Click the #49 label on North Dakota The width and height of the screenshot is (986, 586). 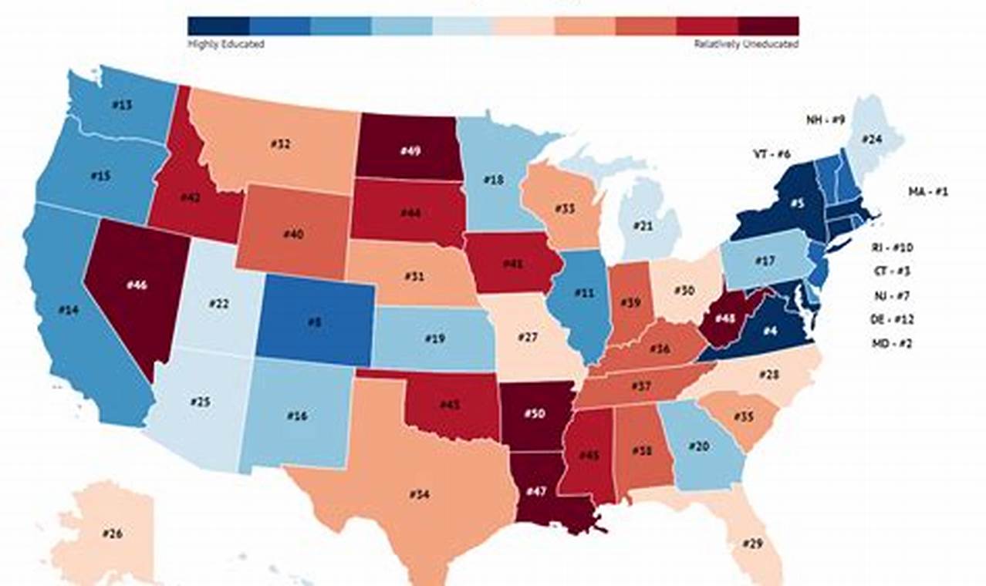[410, 151]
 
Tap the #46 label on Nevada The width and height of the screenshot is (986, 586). [136, 285]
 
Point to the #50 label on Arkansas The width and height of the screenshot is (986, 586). [535, 413]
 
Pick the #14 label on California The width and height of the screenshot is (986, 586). [69, 310]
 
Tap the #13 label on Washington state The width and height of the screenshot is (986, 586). [122, 104]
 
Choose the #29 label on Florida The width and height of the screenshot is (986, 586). [752, 544]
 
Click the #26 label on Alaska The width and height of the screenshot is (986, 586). [113, 533]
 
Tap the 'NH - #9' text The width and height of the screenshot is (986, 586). [826, 120]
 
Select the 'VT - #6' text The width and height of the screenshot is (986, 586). [772, 154]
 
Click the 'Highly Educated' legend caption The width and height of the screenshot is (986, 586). [226, 45]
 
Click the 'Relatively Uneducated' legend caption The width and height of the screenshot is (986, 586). [746, 45]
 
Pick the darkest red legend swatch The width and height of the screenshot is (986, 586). [768, 26]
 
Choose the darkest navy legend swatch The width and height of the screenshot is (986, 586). [218, 26]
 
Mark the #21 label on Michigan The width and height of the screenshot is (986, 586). [643, 225]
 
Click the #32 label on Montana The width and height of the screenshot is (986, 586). [280, 144]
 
